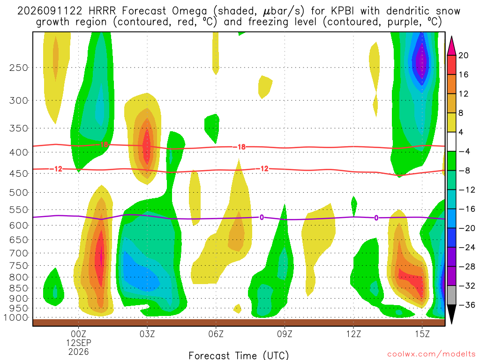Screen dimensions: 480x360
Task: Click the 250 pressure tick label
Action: tap(19, 67)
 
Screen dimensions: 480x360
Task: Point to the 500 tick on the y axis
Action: tap(19, 193)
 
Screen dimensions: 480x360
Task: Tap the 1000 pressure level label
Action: tap(16, 318)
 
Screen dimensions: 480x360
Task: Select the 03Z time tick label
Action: tap(147, 334)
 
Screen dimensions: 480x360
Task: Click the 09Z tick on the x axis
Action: tap(285, 334)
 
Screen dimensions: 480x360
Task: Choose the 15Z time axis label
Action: tap(422, 334)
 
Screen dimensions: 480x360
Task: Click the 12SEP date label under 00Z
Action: tap(79, 343)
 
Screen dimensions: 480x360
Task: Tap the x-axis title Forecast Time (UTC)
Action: tap(239, 355)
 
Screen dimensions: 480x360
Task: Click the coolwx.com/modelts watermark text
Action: tap(431, 354)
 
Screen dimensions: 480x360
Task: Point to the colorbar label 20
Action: tap(463, 55)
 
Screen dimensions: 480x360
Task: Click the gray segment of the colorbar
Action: tap(451, 295)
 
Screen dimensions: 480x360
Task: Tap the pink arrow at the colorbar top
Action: tap(451, 45)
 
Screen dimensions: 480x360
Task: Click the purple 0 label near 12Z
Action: tap(376, 218)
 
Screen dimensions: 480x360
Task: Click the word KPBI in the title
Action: tap(343, 11)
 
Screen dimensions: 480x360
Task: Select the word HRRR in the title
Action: tap(102, 11)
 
